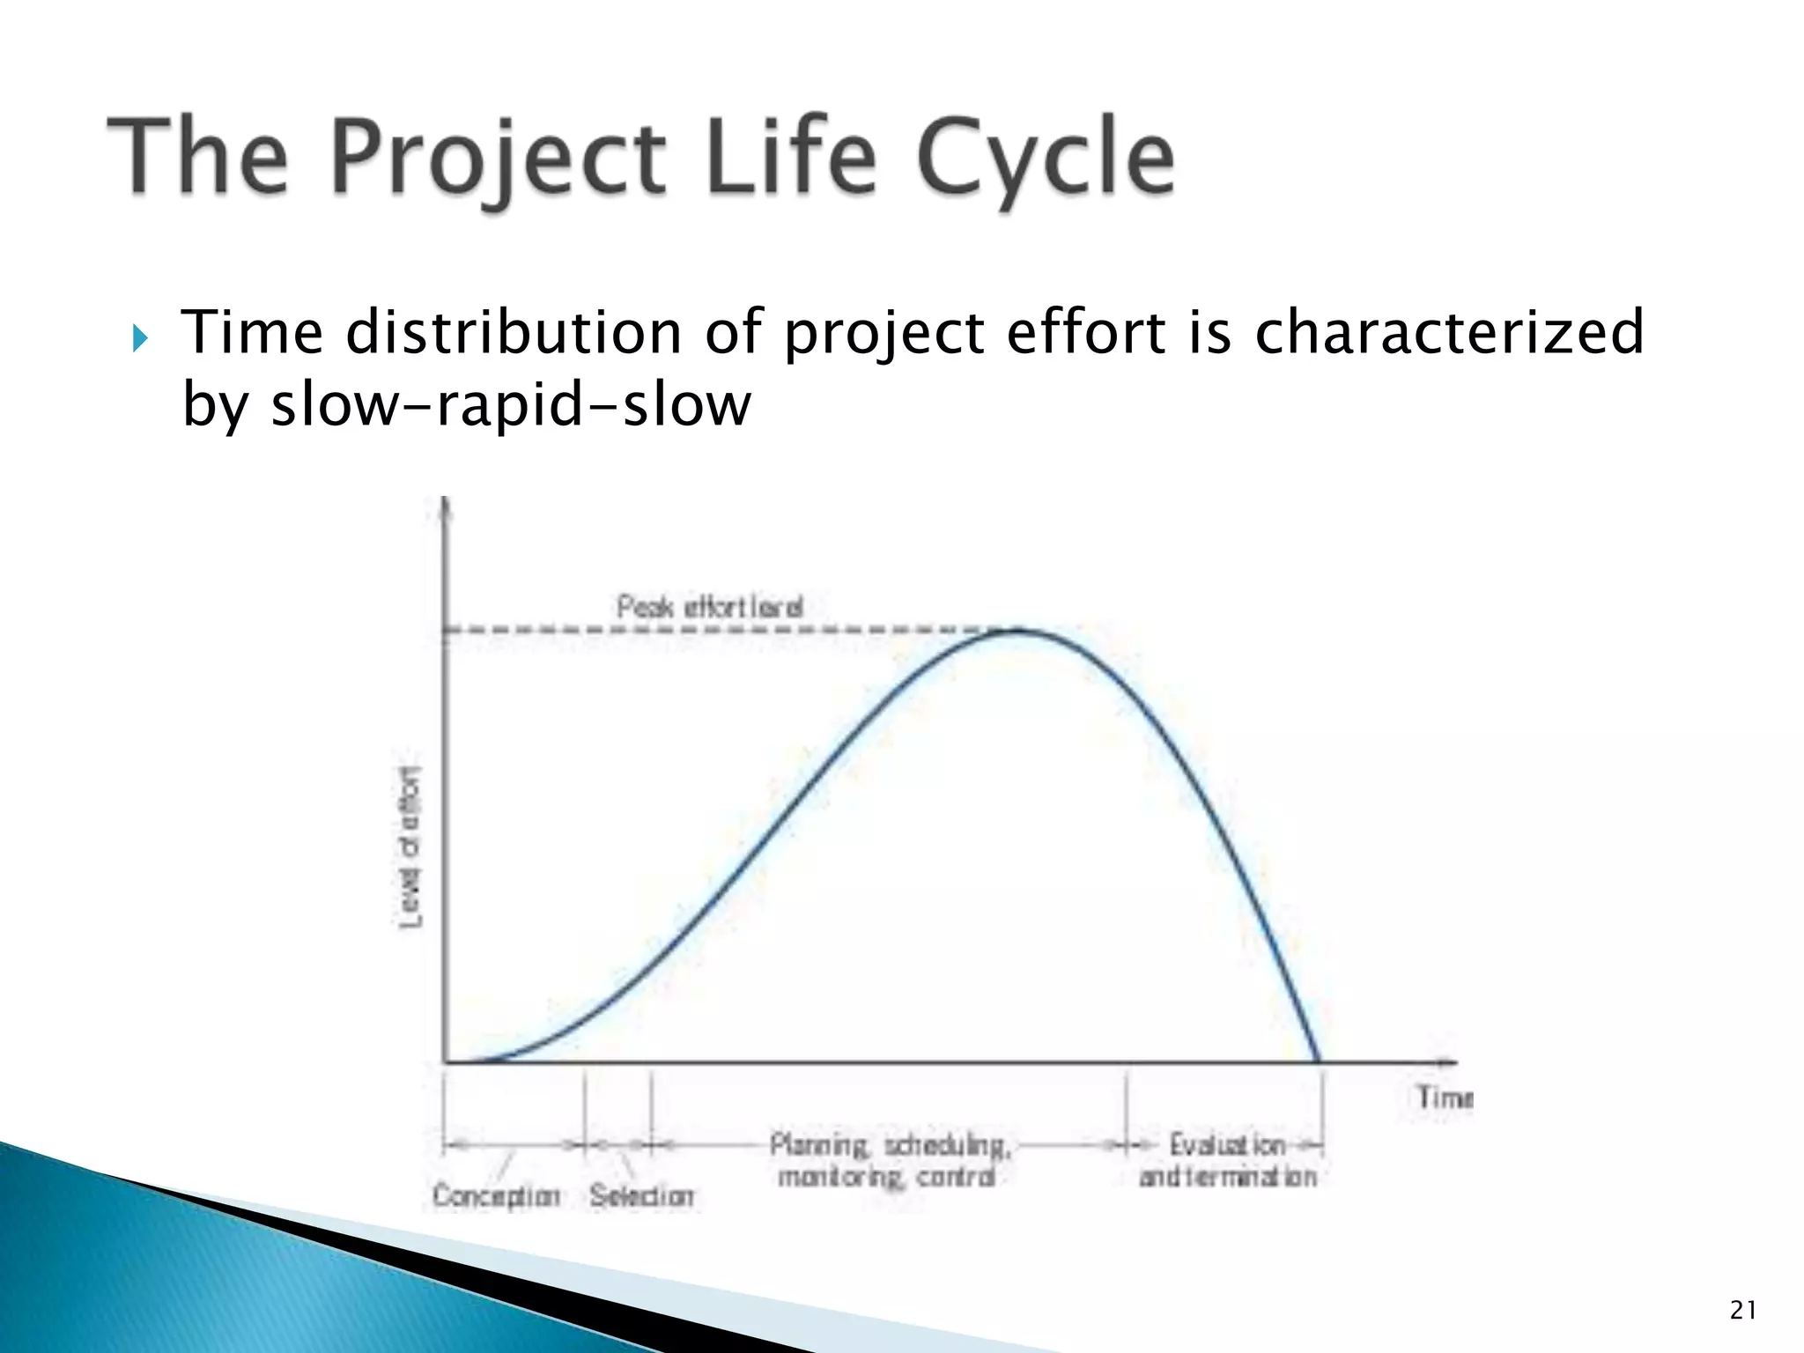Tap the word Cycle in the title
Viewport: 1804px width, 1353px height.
[1046, 159]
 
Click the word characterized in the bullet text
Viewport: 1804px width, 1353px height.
[1449, 333]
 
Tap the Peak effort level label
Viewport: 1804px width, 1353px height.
[710, 607]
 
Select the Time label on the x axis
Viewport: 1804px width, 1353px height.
[1444, 1098]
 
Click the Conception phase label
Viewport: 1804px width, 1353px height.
[496, 1195]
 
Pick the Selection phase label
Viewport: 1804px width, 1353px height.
[641, 1195]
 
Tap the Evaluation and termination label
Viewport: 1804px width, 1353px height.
[1227, 1161]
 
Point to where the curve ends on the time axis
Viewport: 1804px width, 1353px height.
[1318, 1061]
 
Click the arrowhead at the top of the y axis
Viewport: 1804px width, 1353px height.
[445, 507]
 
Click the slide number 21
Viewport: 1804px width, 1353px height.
[1742, 1311]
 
